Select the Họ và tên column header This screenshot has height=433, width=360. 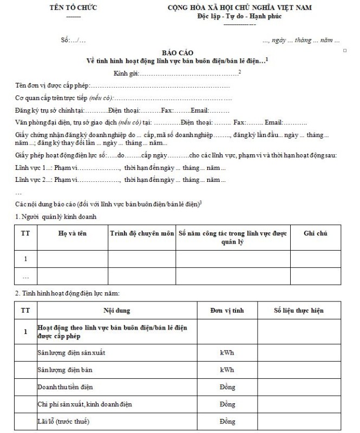(73, 233)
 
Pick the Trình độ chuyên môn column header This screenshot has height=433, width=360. (142, 233)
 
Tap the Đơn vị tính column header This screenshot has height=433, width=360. (227, 311)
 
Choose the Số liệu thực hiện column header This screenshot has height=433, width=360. (299, 311)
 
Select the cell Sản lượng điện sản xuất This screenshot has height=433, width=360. (71, 353)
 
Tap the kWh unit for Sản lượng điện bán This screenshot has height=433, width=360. (227, 370)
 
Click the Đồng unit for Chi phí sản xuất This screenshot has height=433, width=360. (227, 404)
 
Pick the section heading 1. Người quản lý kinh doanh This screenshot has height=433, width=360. (56, 217)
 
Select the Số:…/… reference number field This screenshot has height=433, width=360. (74, 41)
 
